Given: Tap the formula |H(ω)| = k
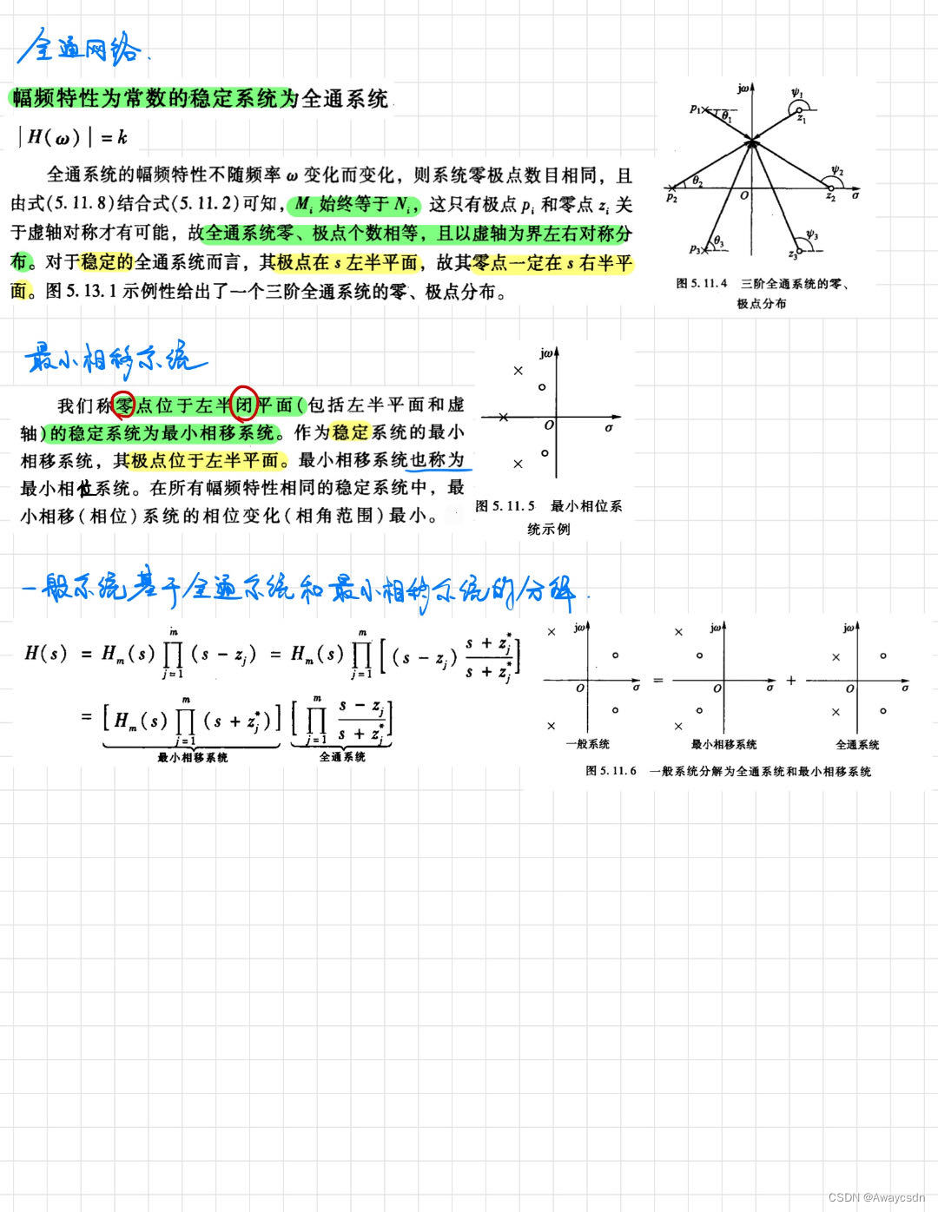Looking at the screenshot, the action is click(76, 136).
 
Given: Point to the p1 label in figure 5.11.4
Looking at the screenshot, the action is click(696, 109).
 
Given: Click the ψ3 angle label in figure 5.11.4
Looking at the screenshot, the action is click(812, 234).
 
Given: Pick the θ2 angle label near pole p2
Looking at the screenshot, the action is click(697, 180).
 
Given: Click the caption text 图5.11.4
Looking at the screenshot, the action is click(702, 283).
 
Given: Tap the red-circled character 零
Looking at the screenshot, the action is click(124, 405).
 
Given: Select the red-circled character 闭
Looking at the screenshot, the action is click(244, 405).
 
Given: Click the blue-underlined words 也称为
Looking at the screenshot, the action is click(438, 460).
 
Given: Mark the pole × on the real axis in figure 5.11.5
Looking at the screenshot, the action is click(505, 418).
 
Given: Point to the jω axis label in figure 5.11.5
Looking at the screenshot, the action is click(548, 353).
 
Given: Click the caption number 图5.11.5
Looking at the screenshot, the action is click(505, 506).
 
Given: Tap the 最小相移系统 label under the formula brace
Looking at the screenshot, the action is click(192, 758).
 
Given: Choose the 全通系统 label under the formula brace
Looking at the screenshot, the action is click(342, 757).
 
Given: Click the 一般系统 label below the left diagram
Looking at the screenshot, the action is click(587, 744).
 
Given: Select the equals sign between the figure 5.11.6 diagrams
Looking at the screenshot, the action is click(657, 680).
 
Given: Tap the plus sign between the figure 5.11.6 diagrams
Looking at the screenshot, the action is click(791, 681).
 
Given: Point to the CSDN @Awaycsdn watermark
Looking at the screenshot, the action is click(876, 1197).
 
